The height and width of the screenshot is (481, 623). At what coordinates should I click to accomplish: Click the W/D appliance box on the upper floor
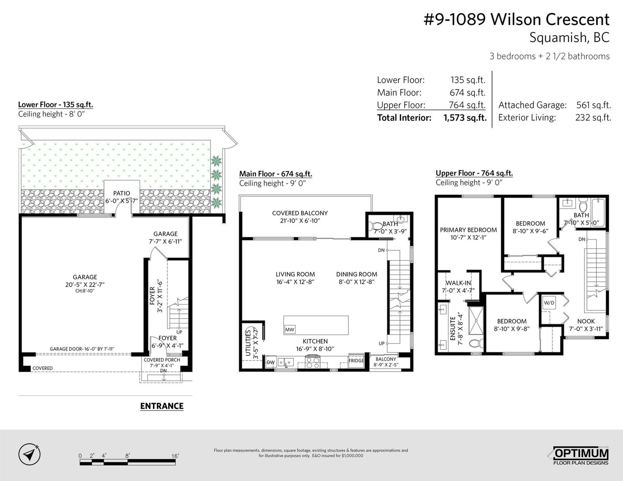click(x=549, y=303)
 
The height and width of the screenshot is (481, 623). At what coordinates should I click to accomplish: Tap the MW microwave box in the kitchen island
click(x=290, y=330)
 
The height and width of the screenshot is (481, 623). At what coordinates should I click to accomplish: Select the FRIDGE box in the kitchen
click(x=356, y=360)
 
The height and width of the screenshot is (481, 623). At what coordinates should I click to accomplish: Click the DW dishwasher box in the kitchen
click(x=271, y=362)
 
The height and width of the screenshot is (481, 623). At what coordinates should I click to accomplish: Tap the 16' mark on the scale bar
click(x=175, y=456)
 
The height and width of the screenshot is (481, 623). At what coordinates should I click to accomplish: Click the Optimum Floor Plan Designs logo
click(x=580, y=456)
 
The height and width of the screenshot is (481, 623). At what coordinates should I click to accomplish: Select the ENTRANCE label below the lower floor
click(x=162, y=406)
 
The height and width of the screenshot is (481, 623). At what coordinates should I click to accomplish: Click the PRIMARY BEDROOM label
click(x=468, y=230)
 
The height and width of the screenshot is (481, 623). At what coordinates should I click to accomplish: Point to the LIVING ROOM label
click(x=295, y=274)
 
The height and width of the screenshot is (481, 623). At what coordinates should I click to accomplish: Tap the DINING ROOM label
click(x=357, y=274)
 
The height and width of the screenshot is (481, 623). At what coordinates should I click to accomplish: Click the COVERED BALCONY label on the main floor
click(x=300, y=213)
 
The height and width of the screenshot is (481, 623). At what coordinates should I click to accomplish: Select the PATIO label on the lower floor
click(x=122, y=193)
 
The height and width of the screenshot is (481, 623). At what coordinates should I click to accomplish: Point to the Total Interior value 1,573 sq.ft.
click(x=465, y=118)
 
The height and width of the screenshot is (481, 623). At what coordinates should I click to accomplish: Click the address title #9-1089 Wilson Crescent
click(x=517, y=19)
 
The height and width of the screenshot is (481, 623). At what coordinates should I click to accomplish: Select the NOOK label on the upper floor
click(x=586, y=321)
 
